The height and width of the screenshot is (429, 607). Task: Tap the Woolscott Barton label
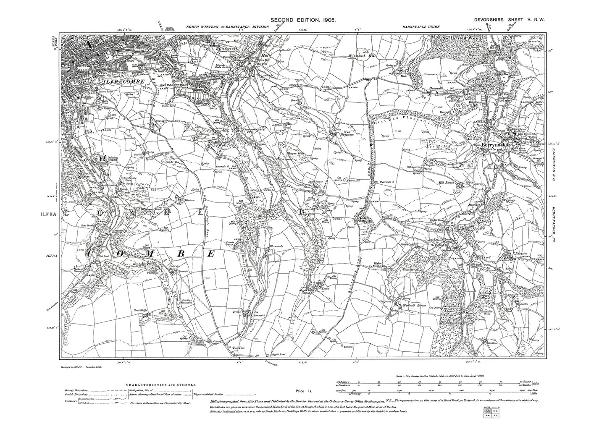414,305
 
